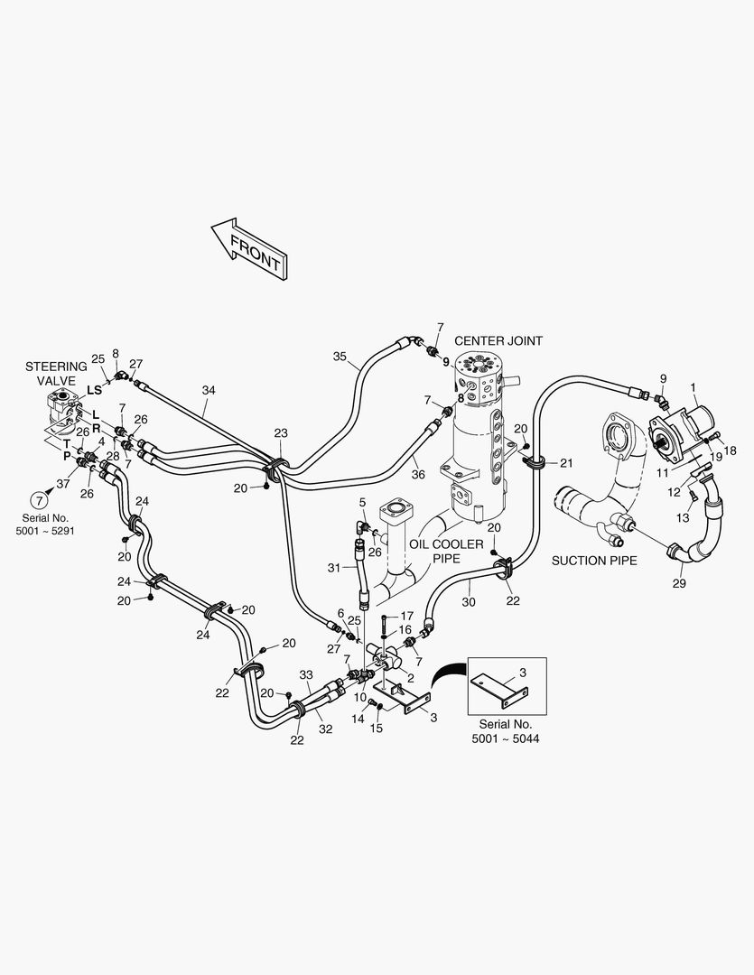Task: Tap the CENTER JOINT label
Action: click(498, 340)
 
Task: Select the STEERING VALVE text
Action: click(56, 374)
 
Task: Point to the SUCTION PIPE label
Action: click(594, 561)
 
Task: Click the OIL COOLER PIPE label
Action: click(448, 552)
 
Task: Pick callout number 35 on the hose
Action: click(340, 357)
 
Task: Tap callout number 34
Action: click(209, 390)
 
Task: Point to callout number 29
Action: click(679, 583)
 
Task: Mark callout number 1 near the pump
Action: click(693, 387)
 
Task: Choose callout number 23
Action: click(281, 433)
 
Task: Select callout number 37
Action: click(62, 484)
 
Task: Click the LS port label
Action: click(94, 390)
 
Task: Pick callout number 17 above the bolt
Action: click(406, 616)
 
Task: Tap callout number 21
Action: click(566, 463)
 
